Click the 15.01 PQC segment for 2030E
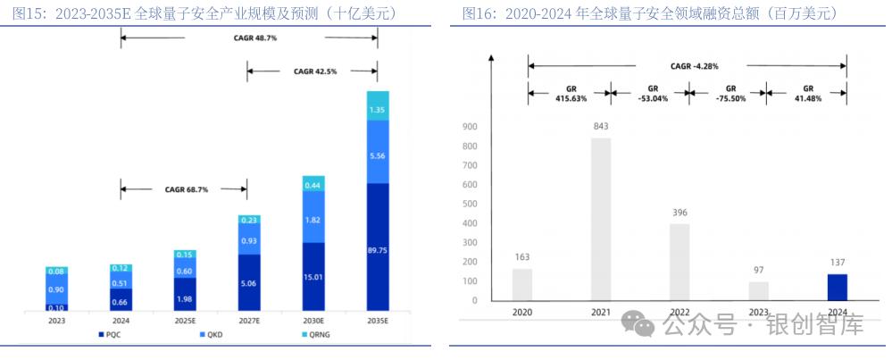pyautogui.click(x=313, y=277)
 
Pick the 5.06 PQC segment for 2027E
pyautogui.click(x=249, y=283)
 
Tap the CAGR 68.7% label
pyautogui.click(x=185, y=189)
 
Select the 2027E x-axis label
pyautogui.click(x=249, y=320)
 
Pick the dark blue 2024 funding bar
pyautogui.click(x=837, y=287)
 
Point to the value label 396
pyautogui.click(x=679, y=213)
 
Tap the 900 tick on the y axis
pyautogui.click(x=470, y=127)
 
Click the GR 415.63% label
pyautogui.click(x=570, y=94)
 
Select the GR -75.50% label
pyautogui.click(x=729, y=94)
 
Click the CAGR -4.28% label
pyautogui.click(x=694, y=66)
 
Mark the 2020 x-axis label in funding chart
pyautogui.click(x=522, y=314)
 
